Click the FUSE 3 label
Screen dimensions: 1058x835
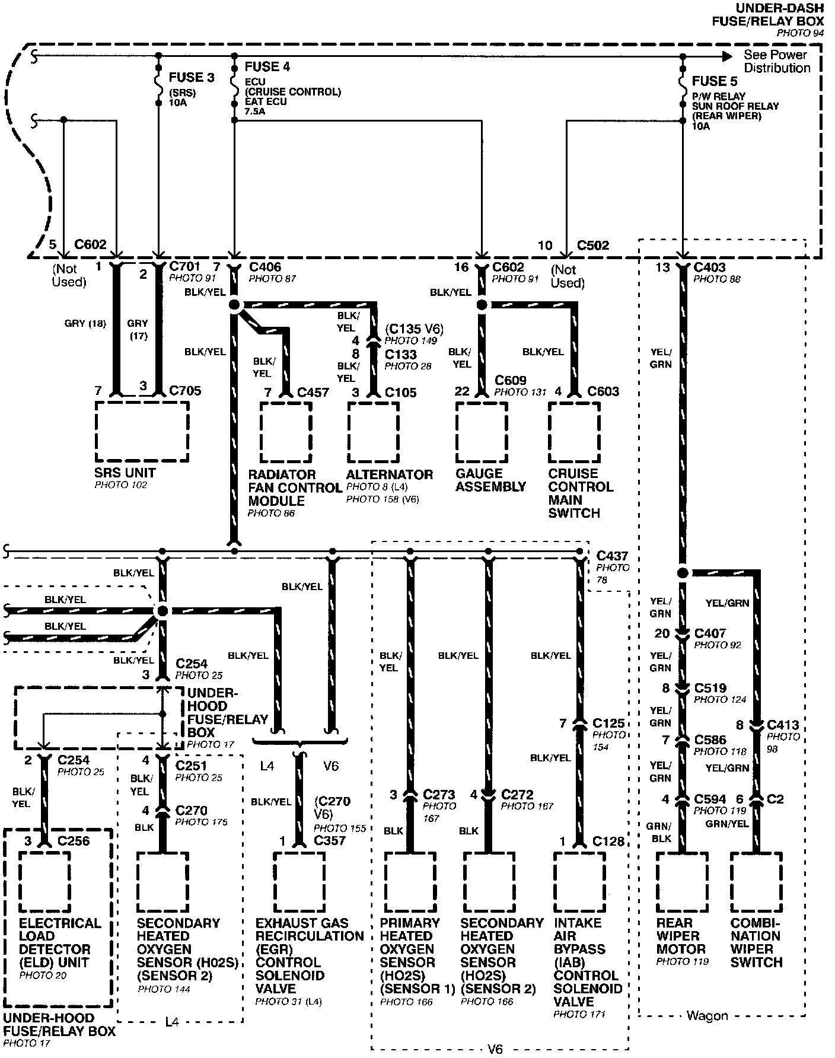[191, 77]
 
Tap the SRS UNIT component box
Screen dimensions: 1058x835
[142, 431]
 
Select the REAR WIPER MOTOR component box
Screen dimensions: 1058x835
[681, 882]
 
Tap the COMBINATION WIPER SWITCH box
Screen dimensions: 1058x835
[756, 882]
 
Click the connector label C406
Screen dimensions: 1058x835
[265, 267]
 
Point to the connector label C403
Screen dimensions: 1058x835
[709, 267]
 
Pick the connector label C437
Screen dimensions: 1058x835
[612, 556]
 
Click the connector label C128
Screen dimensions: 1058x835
[608, 841]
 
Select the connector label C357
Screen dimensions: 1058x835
[330, 840]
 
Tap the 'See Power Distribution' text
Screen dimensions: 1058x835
[776, 61]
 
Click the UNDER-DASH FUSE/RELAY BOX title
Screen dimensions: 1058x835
[767, 15]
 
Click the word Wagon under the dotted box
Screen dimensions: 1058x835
[707, 1016]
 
